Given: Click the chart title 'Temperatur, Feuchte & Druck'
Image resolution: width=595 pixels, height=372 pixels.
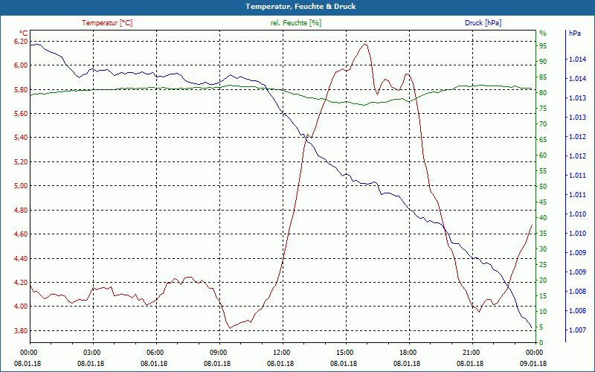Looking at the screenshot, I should [297, 6].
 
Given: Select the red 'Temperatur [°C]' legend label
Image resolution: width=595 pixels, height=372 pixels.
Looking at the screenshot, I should [107, 23].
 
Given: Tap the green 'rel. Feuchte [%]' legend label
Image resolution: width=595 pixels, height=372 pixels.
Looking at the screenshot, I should [296, 23].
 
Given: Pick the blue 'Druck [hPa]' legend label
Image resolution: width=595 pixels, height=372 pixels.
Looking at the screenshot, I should [483, 23].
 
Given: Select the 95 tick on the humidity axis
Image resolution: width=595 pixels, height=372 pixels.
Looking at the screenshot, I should [543, 45].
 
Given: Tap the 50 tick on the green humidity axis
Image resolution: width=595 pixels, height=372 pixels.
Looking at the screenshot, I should [543, 186].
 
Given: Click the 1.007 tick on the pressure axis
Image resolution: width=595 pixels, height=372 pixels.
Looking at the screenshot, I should [576, 330].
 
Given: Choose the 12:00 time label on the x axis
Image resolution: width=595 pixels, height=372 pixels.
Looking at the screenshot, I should [281, 352].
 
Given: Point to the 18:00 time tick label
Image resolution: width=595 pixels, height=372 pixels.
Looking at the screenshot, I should [408, 352].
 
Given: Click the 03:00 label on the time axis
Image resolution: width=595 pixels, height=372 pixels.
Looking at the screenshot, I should [91, 352].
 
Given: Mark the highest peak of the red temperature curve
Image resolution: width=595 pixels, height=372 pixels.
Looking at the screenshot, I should [364, 44].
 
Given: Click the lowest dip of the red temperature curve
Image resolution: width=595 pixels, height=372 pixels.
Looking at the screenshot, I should [230, 327].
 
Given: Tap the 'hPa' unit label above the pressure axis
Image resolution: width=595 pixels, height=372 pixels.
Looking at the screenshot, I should [575, 33].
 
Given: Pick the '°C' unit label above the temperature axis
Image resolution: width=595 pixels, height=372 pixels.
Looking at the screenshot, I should [23, 33].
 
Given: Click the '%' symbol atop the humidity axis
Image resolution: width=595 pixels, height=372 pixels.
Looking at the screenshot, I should [542, 33].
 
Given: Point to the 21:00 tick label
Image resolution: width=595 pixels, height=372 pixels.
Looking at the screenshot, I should [471, 352].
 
